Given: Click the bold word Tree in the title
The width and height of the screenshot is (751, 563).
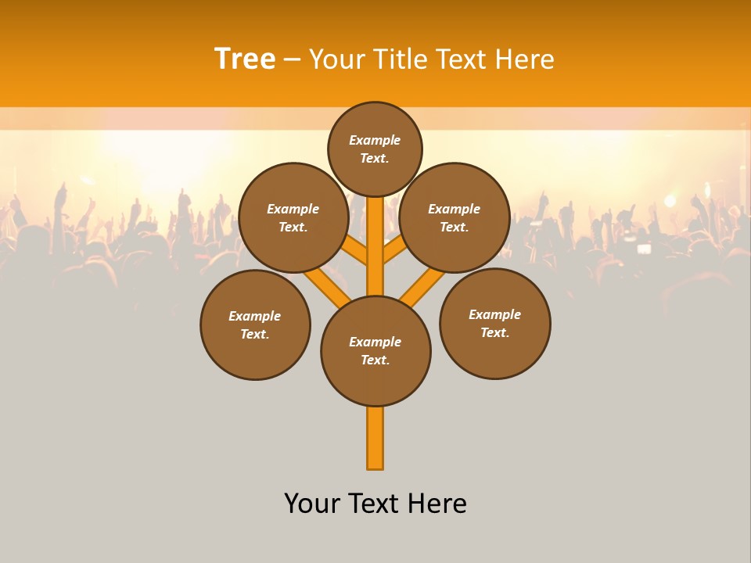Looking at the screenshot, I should pyautogui.click(x=245, y=59).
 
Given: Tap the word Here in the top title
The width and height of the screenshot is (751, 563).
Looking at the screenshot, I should pyautogui.click(x=526, y=59).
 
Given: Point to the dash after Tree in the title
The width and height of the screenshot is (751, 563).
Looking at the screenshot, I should pyautogui.click(x=293, y=59).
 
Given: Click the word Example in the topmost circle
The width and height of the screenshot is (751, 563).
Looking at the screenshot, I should pyautogui.click(x=375, y=140).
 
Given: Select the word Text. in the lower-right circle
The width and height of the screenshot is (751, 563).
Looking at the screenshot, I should pyautogui.click(x=494, y=332).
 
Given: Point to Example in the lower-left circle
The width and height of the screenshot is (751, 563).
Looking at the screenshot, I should pyautogui.click(x=254, y=316).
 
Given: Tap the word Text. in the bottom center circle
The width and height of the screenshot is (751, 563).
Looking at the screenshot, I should pyautogui.click(x=375, y=360).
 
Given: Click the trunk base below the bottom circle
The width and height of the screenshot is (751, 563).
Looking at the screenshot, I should pyautogui.click(x=375, y=442).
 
